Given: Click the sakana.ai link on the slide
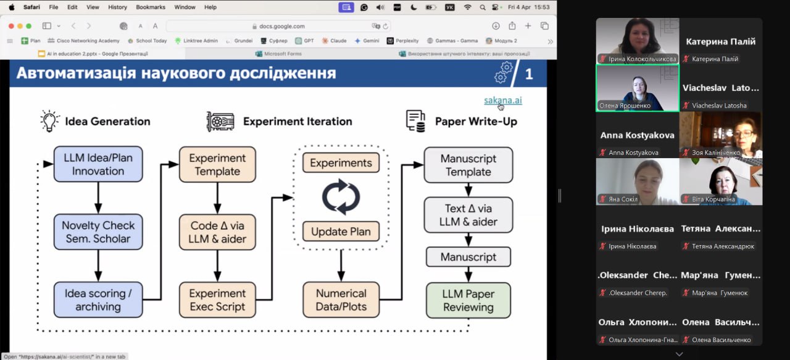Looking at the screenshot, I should pyautogui.click(x=502, y=101).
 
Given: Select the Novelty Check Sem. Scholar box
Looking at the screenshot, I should pyautogui.click(x=98, y=232).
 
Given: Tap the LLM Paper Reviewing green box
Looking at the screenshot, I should pyautogui.click(x=468, y=300).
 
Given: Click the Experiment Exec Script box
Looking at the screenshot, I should pyautogui.click(x=217, y=299).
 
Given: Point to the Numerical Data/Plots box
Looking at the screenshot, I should pyautogui.click(x=341, y=299).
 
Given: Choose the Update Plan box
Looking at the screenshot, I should pyautogui.click(x=341, y=232).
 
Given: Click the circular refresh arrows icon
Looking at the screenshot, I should pyautogui.click(x=341, y=197).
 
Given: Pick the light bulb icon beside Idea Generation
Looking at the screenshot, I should pyautogui.click(x=48, y=121).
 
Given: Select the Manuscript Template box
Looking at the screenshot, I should pyautogui.click(x=468, y=165).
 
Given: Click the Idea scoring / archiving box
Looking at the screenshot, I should pyautogui.click(x=98, y=299).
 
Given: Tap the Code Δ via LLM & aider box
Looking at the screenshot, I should pyautogui.click(x=217, y=232).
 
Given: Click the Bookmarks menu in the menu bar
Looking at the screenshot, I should pyautogui.click(x=150, y=7).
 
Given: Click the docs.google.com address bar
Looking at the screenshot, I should pyautogui.click(x=278, y=26).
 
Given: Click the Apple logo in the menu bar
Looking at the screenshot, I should pyautogui.click(x=11, y=7).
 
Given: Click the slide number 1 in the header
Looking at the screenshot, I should pyautogui.click(x=529, y=74).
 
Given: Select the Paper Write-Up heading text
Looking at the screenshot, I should pyautogui.click(x=476, y=122).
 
